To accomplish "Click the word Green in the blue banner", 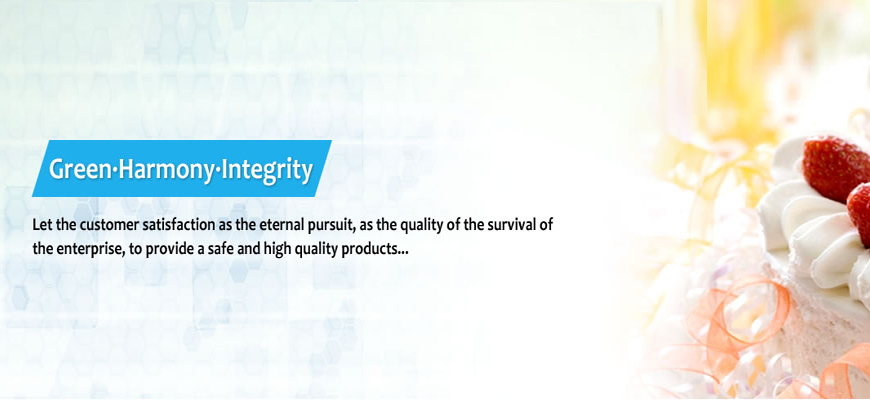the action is click(80, 169).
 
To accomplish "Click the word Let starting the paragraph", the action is click(42, 226).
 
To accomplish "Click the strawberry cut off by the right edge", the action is click(859, 214).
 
